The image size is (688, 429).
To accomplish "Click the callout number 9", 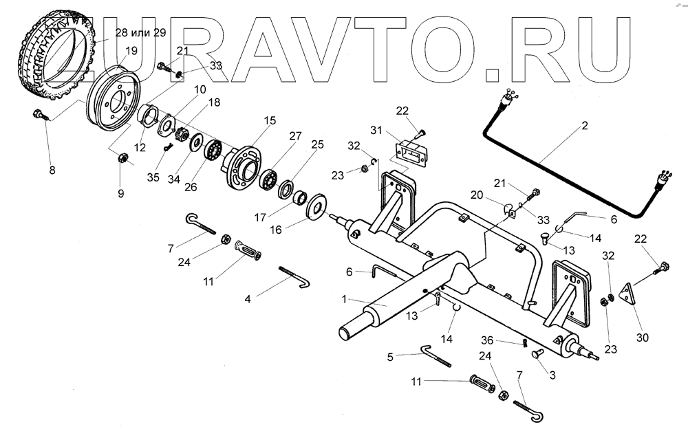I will tap(121, 193).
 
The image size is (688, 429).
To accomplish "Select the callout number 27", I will tap(294, 136).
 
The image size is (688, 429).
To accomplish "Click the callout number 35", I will tap(153, 177).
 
